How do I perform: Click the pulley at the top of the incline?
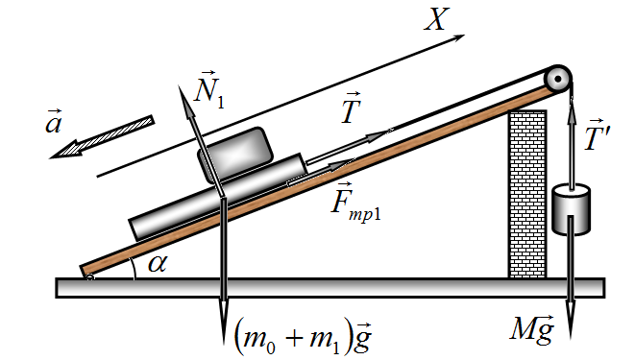557,80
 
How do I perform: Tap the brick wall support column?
527,194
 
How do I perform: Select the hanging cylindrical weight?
571,209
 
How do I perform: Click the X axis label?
437,19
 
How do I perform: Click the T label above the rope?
351,108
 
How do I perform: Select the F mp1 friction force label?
355,203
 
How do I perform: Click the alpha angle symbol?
158,264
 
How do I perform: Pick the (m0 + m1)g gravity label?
303,335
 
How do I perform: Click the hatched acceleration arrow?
102,136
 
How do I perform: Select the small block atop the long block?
235,155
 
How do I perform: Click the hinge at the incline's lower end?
90,277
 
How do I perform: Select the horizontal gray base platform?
330,288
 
